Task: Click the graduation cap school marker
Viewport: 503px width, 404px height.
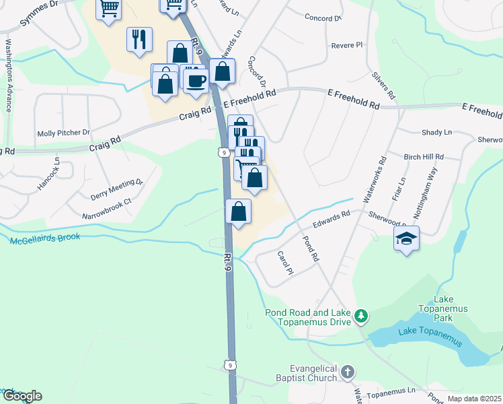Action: pyautogui.click(x=406, y=239)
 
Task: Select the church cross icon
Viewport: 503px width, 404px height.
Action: pyautogui.click(x=347, y=372)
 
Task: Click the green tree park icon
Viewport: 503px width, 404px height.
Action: pyautogui.click(x=361, y=316)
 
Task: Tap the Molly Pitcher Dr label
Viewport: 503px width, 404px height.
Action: pyautogui.click(x=64, y=133)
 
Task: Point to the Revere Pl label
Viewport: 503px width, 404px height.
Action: pyautogui.click(x=347, y=45)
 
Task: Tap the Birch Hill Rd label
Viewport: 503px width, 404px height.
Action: pyautogui.click(x=424, y=157)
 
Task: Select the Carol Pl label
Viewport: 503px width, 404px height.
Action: pyautogui.click(x=286, y=263)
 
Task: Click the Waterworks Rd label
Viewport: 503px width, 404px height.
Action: pyautogui.click(x=373, y=180)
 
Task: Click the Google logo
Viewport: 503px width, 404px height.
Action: pyautogui.click(x=22, y=396)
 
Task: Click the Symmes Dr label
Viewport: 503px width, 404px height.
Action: pyautogui.click(x=40, y=13)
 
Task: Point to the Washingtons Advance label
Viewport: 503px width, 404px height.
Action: pyautogui.click(x=9, y=75)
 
